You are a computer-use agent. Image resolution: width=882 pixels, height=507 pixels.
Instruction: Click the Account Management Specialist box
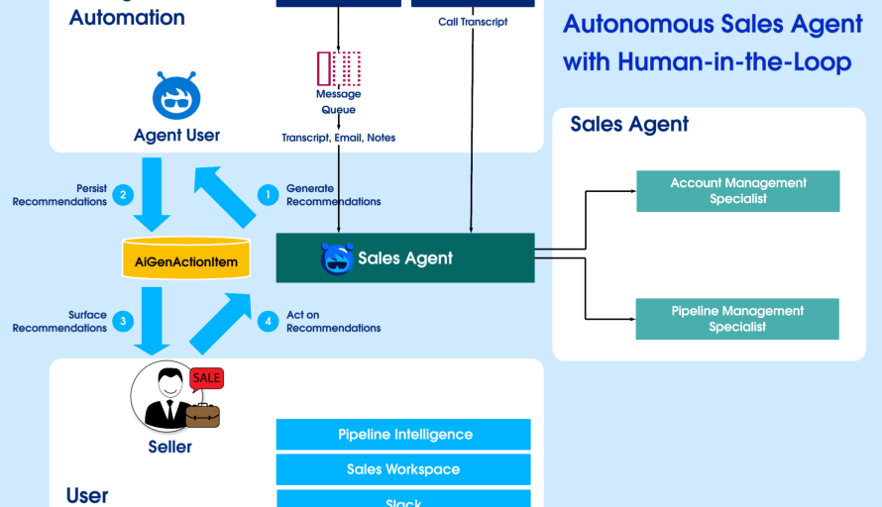click(737, 191)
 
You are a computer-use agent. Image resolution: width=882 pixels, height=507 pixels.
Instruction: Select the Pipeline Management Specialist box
click(737, 319)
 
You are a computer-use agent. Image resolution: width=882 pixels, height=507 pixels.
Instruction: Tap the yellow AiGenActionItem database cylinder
click(185, 258)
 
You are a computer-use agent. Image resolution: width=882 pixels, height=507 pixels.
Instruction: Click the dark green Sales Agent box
click(404, 258)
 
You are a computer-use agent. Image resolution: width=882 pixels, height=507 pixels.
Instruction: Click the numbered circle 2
click(122, 195)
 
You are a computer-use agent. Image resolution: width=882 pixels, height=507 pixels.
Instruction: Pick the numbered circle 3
click(122, 321)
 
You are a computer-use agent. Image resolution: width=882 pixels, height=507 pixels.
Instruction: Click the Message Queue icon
click(338, 68)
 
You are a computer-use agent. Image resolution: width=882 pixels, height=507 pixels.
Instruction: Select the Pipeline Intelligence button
click(403, 435)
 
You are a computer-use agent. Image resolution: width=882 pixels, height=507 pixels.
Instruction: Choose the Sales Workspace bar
click(403, 469)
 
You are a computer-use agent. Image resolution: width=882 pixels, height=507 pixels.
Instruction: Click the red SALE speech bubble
click(206, 378)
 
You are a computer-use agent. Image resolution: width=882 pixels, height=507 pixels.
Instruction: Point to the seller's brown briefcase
click(202, 415)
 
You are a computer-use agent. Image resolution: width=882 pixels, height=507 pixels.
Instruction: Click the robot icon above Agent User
click(176, 96)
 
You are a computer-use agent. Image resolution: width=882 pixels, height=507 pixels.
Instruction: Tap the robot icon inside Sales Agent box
click(337, 258)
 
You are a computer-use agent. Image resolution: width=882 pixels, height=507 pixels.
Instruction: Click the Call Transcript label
click(473, 22)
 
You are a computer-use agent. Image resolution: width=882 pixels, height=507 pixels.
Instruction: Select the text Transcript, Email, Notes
click(338, 138)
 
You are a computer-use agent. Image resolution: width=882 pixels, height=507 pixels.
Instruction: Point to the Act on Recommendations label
click(333, 322)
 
